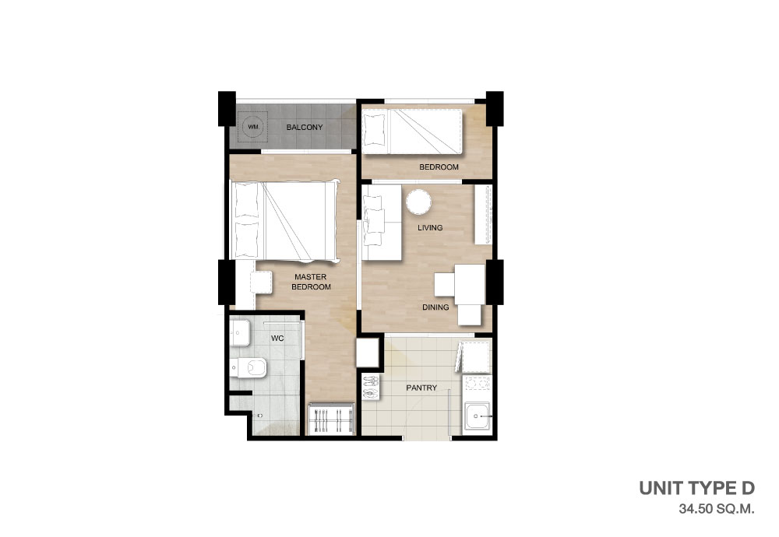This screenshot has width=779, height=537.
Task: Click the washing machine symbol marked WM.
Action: coord(253,127)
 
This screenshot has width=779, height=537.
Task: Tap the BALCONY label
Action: coord(305,128)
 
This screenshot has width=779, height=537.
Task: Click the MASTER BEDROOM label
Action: coord(311,282)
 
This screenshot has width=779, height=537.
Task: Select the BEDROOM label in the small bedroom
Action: coord(439,167)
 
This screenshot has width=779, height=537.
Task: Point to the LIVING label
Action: coord(430,228)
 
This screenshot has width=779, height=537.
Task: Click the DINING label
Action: coord(435,307)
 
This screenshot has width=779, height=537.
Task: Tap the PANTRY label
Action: coord(421,388)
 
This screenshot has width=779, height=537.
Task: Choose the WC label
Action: coord(277,339)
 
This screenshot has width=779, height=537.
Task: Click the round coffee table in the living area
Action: coord(418,202)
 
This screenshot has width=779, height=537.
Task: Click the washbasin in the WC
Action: coord(240,332)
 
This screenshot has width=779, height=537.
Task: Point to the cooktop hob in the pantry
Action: coord(477,383)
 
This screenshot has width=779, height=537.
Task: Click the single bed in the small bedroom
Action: coord(412,132)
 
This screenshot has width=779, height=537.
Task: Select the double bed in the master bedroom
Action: coord(284,221)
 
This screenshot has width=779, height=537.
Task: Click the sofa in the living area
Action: coord(381,222)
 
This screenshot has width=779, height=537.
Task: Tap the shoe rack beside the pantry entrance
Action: coord(370,387)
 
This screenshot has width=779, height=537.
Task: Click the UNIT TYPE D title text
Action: coord(696,489)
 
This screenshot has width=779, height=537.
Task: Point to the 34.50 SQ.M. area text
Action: coord(717,509)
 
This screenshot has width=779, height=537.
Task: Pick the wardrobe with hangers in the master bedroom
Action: coord(331,419)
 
